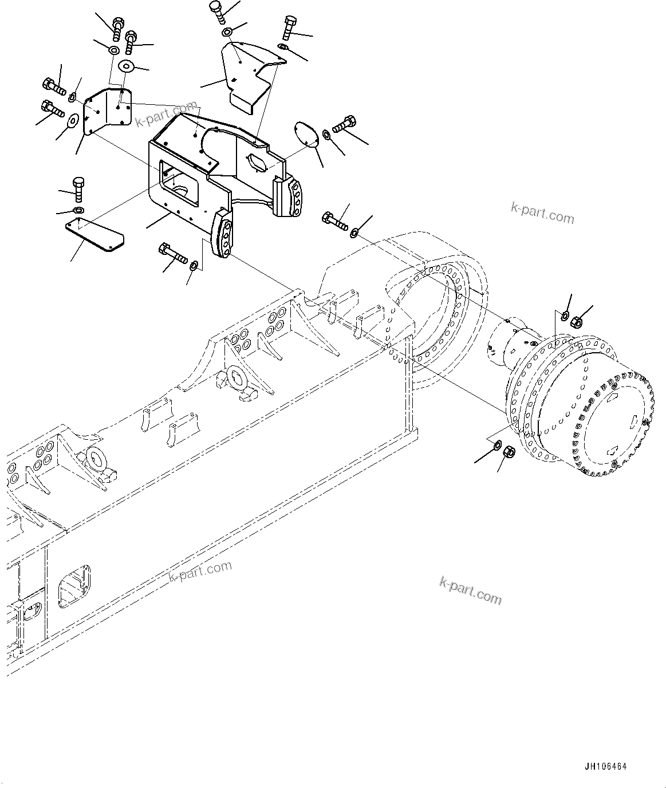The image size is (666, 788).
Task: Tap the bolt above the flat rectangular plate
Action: [79, 189]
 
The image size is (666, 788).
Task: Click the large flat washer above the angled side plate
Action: [125, 67]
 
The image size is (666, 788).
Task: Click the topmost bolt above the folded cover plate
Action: [216, 10]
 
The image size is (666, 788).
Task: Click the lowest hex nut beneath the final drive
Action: [507, 453]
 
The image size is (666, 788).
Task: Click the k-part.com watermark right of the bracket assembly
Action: [542, 213]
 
